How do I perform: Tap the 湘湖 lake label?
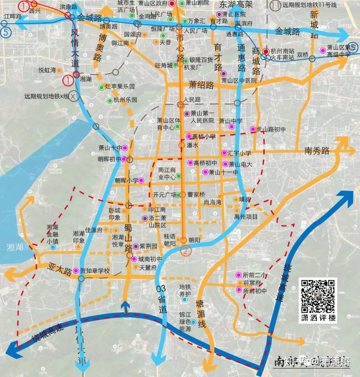(x=15, y=247)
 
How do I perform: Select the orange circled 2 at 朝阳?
(x=186, y=250)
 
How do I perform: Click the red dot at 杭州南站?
(x=266, y=51)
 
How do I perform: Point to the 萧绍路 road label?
(x=201, y=85)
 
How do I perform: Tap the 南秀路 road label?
(x=317, y=151)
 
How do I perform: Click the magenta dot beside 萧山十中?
(x=125, y=148)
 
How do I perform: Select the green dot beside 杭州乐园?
(x=110, y=100)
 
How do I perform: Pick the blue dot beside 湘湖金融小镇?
(x=53, y=247)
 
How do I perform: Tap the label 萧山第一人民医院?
(x=202, y=117)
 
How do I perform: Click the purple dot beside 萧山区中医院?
(x=224, y=73)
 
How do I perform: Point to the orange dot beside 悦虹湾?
(x=59, y=70)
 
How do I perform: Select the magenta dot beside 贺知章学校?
(x=76, y=271)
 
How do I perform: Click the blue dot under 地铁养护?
(x=184, y=300)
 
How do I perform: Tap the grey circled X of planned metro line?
(x=74, y=96)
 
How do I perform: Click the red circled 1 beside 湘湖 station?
(x=68, y=80)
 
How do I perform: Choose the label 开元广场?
(x=164, y=195)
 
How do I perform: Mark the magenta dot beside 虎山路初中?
(x=253, y=129)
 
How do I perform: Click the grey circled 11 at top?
(x=275, y=5)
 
